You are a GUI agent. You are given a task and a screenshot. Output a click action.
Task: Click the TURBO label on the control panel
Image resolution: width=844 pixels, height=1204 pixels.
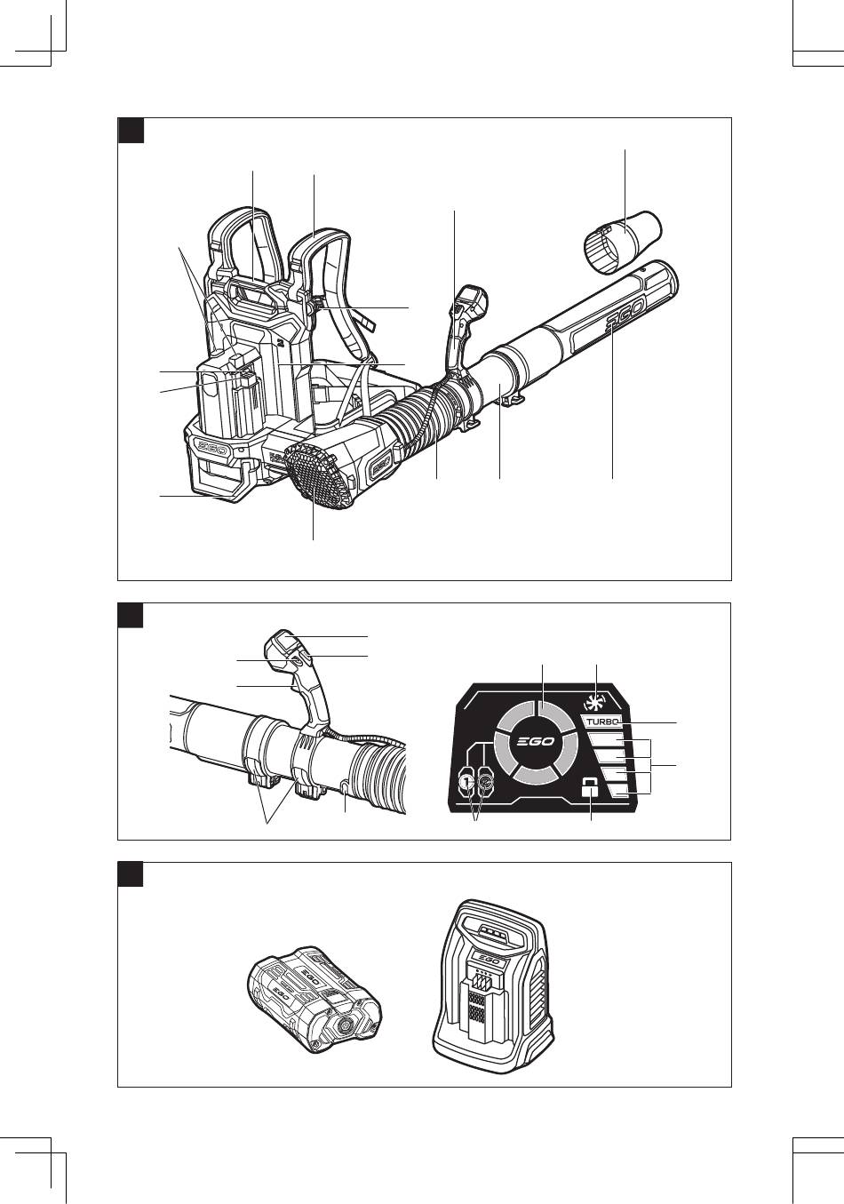(x=602, y=722)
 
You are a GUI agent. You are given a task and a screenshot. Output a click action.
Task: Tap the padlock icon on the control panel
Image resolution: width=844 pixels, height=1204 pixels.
(x=588, y=788)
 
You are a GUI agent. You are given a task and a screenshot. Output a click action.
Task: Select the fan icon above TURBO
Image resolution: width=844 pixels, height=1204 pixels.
(x=593, y=700)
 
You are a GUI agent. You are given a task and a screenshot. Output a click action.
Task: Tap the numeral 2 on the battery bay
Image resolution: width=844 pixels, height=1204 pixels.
(x=279, y=339)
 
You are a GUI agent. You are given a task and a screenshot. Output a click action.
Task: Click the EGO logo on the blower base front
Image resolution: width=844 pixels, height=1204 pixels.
(x=213, y=450)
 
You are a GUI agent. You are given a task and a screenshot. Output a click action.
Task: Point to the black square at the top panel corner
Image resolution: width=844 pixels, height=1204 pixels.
(x=131, y=130)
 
